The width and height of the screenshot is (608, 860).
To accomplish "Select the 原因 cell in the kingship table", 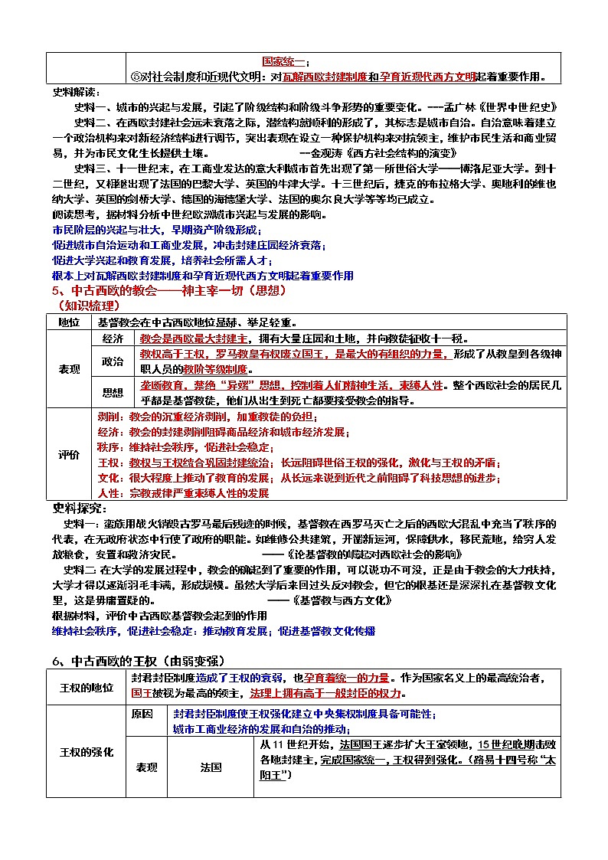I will pyautogui.click(x=142, y=714).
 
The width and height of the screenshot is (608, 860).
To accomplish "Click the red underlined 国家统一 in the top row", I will pyautogui.click(x=284, y=61).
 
